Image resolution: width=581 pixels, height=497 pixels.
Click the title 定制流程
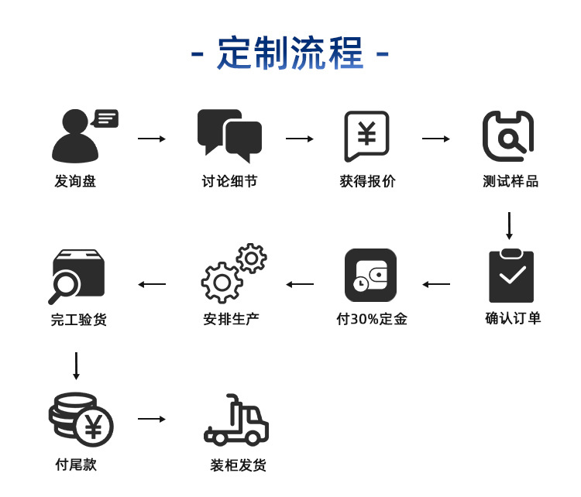point(290,53)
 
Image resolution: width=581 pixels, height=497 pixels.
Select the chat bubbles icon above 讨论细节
point(229,135)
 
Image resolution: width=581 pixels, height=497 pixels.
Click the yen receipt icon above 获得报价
point(366,136)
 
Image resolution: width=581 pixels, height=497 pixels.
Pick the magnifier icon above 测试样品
point(508,135)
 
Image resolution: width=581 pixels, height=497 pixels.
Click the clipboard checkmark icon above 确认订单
point(511,276)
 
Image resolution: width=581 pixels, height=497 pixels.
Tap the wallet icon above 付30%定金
point(370,276)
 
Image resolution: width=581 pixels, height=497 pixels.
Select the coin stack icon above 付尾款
point(80,419)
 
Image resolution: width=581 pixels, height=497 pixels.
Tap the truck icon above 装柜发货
point(236,422)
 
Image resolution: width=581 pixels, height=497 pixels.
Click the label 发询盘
point(75,182)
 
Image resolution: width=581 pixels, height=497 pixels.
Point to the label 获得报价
point(367,182)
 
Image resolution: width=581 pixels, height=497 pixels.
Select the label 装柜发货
point(238,465)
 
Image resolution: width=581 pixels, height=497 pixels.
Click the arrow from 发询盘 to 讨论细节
point(152,139)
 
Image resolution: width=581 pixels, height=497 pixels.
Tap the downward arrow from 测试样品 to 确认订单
point(509,225)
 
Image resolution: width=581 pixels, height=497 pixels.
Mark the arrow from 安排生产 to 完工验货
point(152,284)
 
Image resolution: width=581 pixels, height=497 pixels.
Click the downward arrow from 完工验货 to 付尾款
point(76,365)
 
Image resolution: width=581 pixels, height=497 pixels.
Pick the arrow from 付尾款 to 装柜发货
point(152,419)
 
